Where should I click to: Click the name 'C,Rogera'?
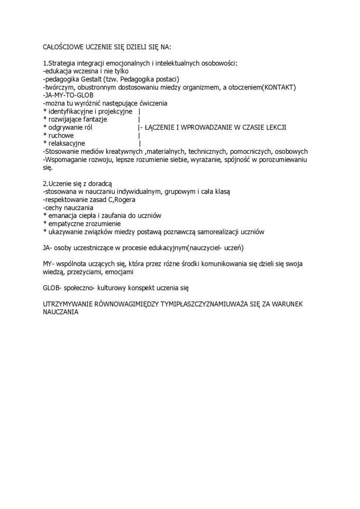click(x=120, y=200)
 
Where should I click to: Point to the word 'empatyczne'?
click(x=65, y=223)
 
